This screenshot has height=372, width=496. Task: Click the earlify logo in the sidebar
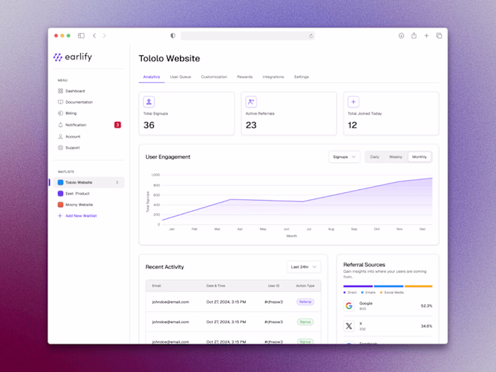[x=72, y=57]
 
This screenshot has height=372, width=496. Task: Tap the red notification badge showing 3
[x=118, y=125]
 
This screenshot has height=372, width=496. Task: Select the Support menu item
[x=72, y=147]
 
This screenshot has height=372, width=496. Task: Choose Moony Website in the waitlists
[x=79, y=205]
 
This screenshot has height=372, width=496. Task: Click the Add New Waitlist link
[x=80, y=215]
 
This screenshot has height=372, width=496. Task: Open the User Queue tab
[x=180, y=77]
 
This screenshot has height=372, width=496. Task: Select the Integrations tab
[x=273, y=77]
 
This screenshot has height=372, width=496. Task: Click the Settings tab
[x=301, y=77]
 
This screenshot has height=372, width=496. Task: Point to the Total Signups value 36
[x=149, y=125]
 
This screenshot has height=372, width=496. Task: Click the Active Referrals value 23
[x=251, y=125]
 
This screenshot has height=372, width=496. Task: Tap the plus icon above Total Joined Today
[x=353, y=102]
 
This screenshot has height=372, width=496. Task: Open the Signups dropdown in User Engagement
[x=344, y=157]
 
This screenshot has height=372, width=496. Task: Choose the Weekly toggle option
[x=395, y=157]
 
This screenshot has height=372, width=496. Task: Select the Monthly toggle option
[x=419, y=157]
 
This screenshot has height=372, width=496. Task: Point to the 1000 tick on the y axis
[x=155, y=175]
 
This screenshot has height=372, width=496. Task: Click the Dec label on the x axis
[x=422, y=229]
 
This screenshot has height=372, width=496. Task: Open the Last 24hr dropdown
[x=304, y=267]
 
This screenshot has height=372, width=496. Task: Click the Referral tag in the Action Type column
[x=305, y=302]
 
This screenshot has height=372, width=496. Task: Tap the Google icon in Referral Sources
[x=349, y=306]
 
